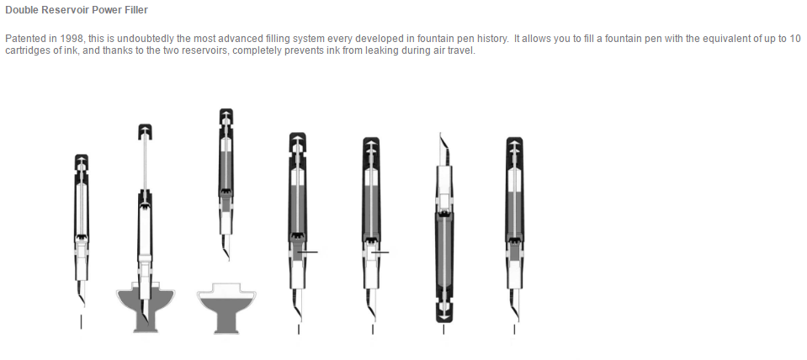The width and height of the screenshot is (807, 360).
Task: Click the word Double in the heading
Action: pos(19,10)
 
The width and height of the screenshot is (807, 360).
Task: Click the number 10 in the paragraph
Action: pos(796,39)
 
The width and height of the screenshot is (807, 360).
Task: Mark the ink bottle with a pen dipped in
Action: pos(145,308)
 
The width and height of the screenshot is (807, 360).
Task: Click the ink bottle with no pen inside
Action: pos(226,308)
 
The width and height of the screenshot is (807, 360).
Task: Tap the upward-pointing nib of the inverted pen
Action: pos(443,149)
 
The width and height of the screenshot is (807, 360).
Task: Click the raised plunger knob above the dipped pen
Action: pos(145,132)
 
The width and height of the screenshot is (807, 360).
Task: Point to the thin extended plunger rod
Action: pos(145,165)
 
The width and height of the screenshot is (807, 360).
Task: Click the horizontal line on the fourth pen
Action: pos(310,252)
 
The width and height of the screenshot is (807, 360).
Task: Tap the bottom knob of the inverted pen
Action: pos(443,312)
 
